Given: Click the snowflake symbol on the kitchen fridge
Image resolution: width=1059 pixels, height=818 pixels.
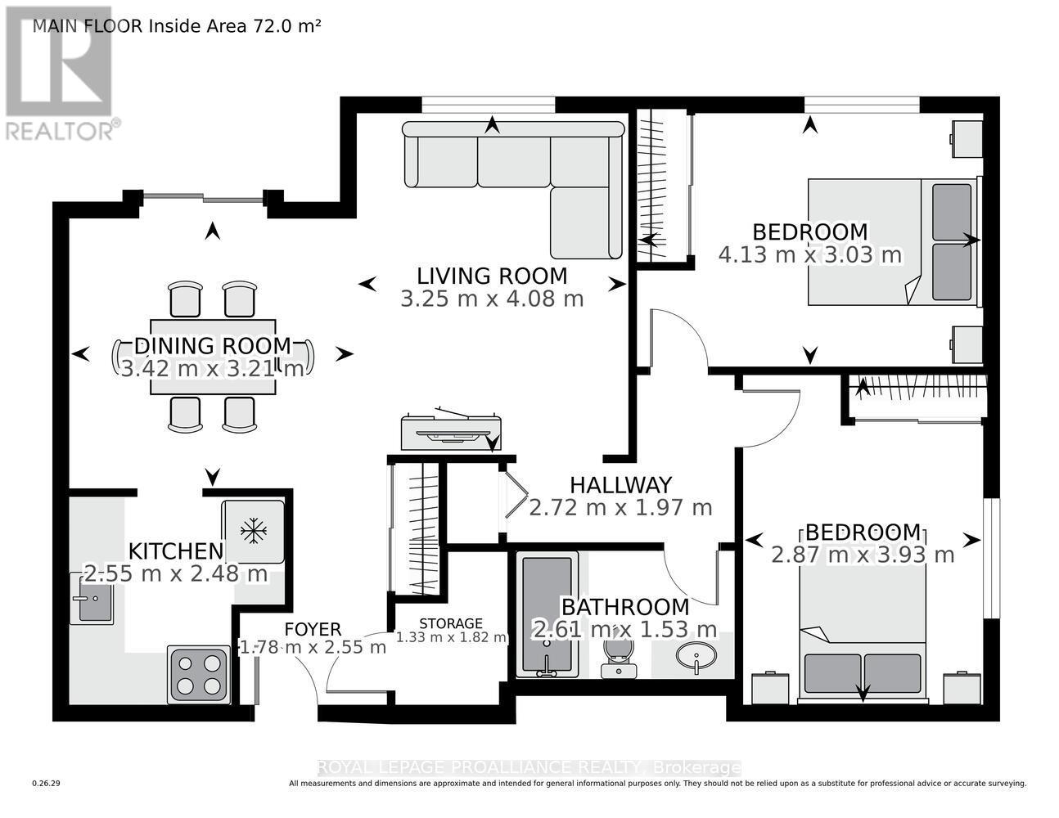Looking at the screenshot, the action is (x=254, y=531).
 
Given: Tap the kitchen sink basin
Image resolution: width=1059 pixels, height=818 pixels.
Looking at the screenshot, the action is (x=96, y=603).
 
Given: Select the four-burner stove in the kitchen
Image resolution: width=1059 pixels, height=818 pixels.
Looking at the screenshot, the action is (x=199, y=675).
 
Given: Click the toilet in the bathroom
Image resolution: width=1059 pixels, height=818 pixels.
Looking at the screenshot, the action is (x=619, y=658).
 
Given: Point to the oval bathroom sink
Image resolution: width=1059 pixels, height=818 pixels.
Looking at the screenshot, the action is (x=696, y=656).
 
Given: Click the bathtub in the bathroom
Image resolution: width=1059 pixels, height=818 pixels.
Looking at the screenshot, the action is (x=547, y=614).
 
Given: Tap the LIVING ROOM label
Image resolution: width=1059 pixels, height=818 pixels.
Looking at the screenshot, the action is (x=492, y=276).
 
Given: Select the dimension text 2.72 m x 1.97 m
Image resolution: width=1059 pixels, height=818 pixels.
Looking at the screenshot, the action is (x=620, y=508).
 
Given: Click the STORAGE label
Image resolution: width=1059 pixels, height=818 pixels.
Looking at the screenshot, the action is (x=451, y=623).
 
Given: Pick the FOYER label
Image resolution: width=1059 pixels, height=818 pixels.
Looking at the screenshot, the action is (x=313, y=629).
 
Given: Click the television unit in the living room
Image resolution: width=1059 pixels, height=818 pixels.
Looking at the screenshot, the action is (x=451, y=431).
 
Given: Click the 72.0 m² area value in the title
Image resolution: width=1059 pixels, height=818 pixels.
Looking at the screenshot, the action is (x=285, y=25).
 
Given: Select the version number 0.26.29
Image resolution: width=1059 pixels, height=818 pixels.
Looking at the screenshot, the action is (x=47, y=784).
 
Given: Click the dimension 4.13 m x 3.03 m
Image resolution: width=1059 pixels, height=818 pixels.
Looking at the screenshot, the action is (x=810, y=255).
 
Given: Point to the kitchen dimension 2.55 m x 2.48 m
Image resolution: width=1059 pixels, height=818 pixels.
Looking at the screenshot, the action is (x=176, y=573).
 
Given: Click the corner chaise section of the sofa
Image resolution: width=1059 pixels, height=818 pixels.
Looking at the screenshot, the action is (x=586, y=222).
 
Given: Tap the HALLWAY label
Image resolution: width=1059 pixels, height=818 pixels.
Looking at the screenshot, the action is (x=621, y=485).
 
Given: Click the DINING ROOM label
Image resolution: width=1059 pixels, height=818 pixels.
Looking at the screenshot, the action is (x=213, y=346).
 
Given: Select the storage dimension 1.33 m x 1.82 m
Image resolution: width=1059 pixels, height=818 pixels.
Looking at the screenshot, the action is (x=451, y=637).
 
